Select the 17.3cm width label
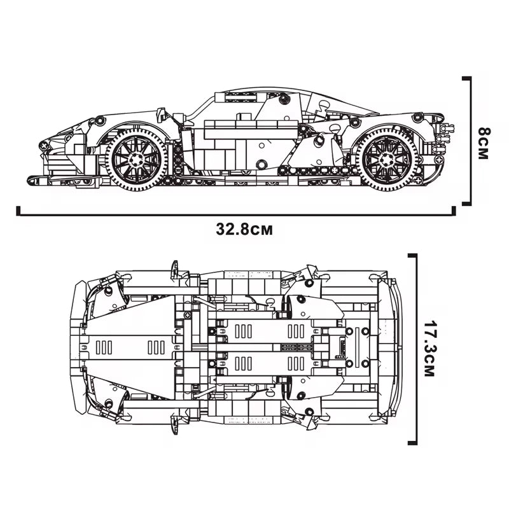[x=428, y=351]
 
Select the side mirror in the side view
[x=162, y=115]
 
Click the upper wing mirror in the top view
[x=174, y=268]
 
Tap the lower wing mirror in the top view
[x=174, y=426]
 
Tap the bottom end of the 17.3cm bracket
[x=413, y=443]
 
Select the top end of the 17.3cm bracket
[x=413, y=255]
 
